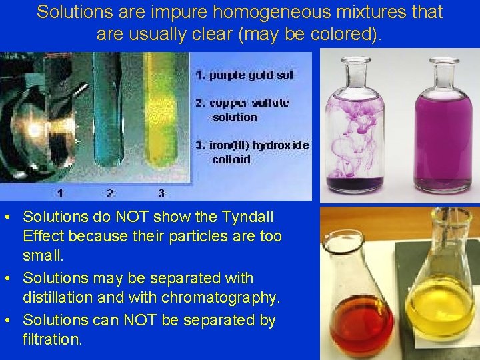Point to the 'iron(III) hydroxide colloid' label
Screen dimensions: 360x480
coord(251,152)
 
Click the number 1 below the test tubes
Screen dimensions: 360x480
coord(60,194)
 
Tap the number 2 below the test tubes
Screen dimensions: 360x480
coord(110,194)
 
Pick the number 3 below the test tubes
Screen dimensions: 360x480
coord(161,194)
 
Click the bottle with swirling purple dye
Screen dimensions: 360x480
coord(353,133)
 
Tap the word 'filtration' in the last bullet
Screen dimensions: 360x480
coord(53,339)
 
